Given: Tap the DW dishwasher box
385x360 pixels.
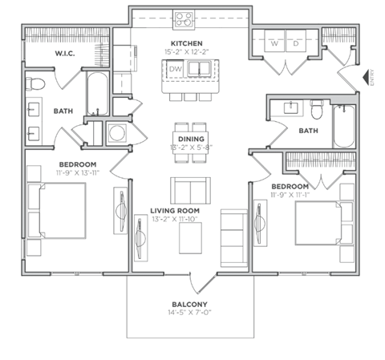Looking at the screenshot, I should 176,71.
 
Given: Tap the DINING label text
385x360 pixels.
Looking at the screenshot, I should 190,138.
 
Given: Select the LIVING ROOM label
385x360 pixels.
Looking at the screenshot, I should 175,211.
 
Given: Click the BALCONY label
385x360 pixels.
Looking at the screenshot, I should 190,304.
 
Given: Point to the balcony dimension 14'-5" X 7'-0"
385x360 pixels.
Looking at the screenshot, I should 190,313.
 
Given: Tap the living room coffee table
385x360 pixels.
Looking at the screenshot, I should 189,237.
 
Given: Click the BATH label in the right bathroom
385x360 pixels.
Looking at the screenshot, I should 308,131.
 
